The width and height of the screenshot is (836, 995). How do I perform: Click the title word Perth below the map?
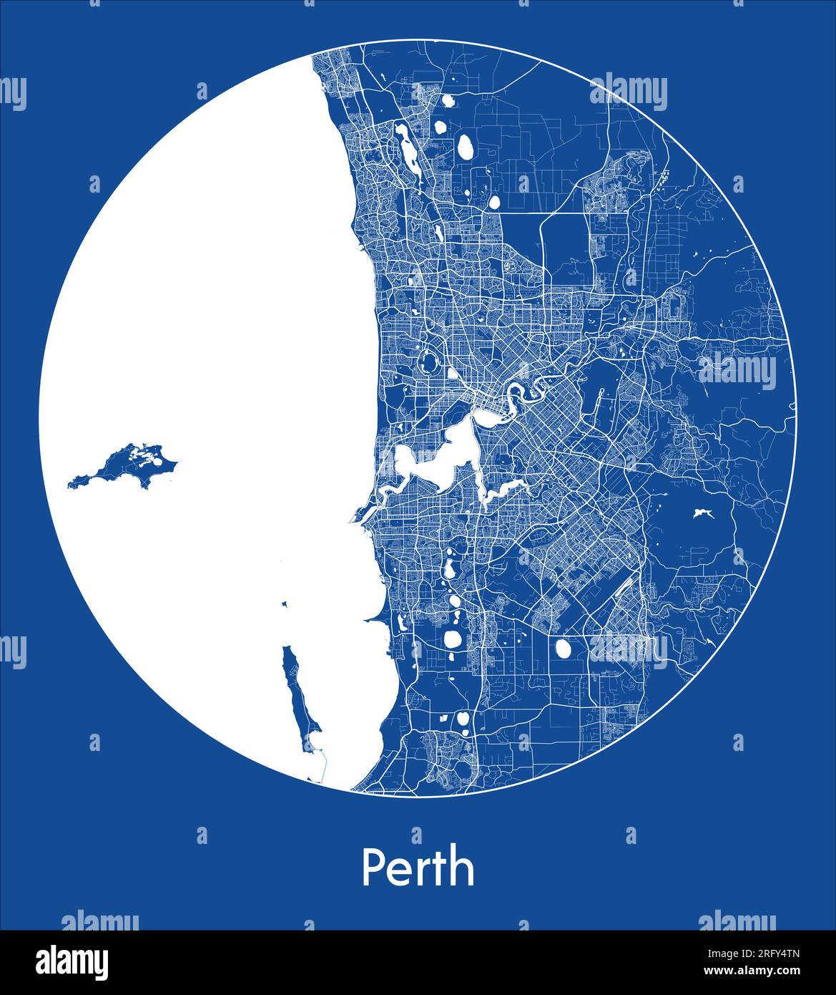418,868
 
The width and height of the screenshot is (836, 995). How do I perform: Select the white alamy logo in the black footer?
72,962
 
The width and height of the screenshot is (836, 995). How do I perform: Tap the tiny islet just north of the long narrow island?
285,605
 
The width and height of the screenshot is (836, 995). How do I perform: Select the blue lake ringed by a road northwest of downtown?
429,362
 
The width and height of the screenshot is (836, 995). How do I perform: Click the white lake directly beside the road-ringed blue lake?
453,372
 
